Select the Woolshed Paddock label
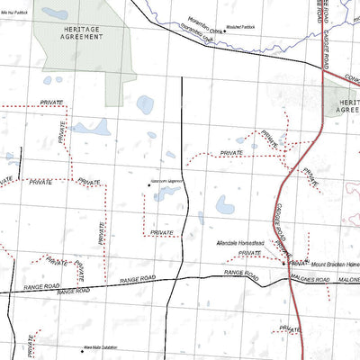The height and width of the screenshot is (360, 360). coord(240,27)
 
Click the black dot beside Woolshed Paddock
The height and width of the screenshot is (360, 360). coord(222,28)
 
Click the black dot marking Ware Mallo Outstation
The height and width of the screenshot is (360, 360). coord(82,347)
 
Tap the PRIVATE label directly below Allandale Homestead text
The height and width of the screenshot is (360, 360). coord(249,254)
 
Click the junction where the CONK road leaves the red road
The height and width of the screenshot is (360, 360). coord(322,72)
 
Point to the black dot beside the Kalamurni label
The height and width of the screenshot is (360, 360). coord(148,184)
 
